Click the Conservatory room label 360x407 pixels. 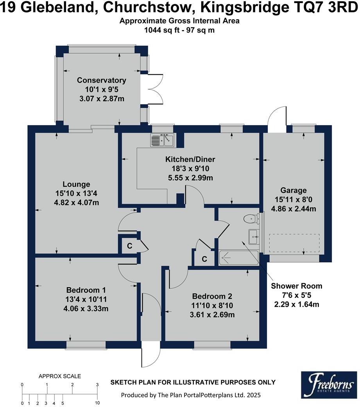(101, 80)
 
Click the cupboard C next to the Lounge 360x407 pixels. (129, 246)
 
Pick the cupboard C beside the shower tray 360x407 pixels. (204, 259)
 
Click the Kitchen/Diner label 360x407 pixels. (190, 159)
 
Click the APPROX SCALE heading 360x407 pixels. (59, 376)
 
